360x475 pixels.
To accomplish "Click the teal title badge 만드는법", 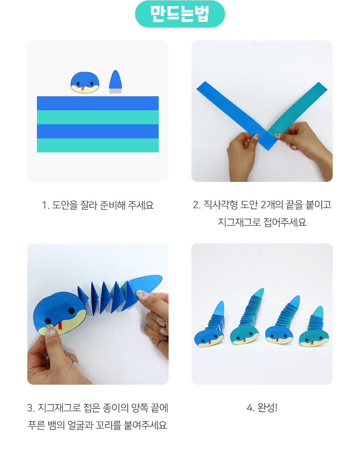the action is pos(180,14).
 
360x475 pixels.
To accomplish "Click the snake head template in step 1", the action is pos(85,83).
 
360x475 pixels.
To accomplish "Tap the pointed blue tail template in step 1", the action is pos(115,79).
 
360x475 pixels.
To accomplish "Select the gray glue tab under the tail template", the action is pos(115,91).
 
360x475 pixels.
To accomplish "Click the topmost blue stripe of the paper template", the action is pos(98,103).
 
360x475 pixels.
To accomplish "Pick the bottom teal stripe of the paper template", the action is pos(98,145).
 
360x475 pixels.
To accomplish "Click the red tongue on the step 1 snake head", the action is pos(82,88).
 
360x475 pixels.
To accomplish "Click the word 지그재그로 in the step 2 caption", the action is pos(239,222).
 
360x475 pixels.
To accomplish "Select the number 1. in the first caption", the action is pos(46,205).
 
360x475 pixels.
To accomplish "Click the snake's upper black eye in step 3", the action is pos(71,311).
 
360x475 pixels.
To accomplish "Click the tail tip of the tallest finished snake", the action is pos(262,289).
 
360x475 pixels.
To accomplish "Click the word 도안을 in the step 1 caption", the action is pos(65,205).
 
